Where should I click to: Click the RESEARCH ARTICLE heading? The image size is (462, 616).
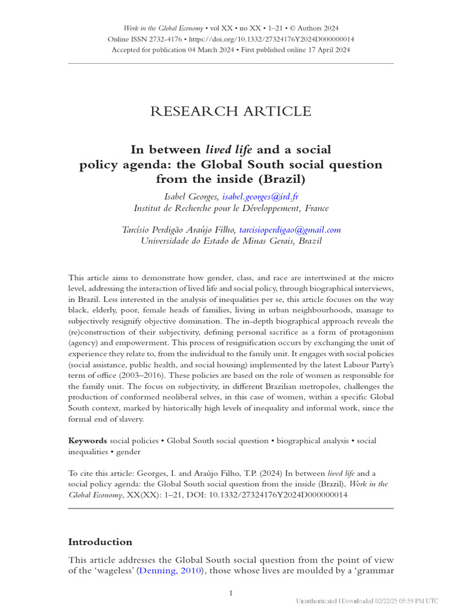click(x=231, y=111)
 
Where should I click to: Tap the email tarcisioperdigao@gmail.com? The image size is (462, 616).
click(x=290, y=229)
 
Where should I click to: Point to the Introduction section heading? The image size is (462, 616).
click(x=100, y=541)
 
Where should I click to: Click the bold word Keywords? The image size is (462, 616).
click(x=87, y=440)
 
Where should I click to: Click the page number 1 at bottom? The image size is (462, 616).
click(x=231, y=593)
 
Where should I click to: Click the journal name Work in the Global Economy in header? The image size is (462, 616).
click(x=162, y=28)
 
